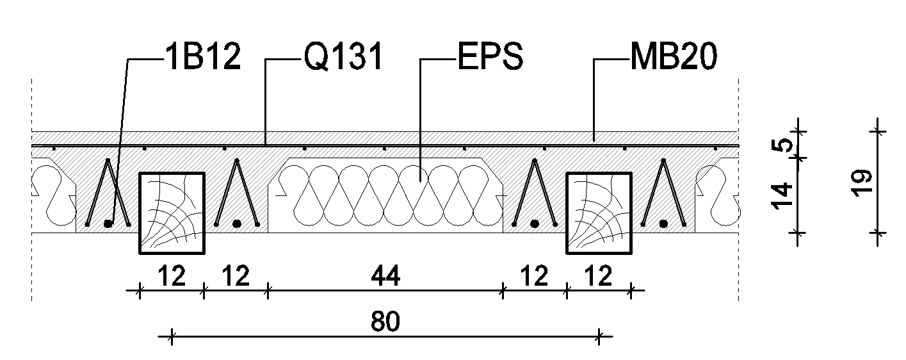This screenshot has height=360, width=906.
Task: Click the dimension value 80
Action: tap(385, 322)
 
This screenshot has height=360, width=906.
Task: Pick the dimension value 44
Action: tap(385, 276)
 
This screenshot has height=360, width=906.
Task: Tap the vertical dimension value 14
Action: tap(782, 196)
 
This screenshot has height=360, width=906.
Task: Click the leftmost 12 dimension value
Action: tap(171, 276)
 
